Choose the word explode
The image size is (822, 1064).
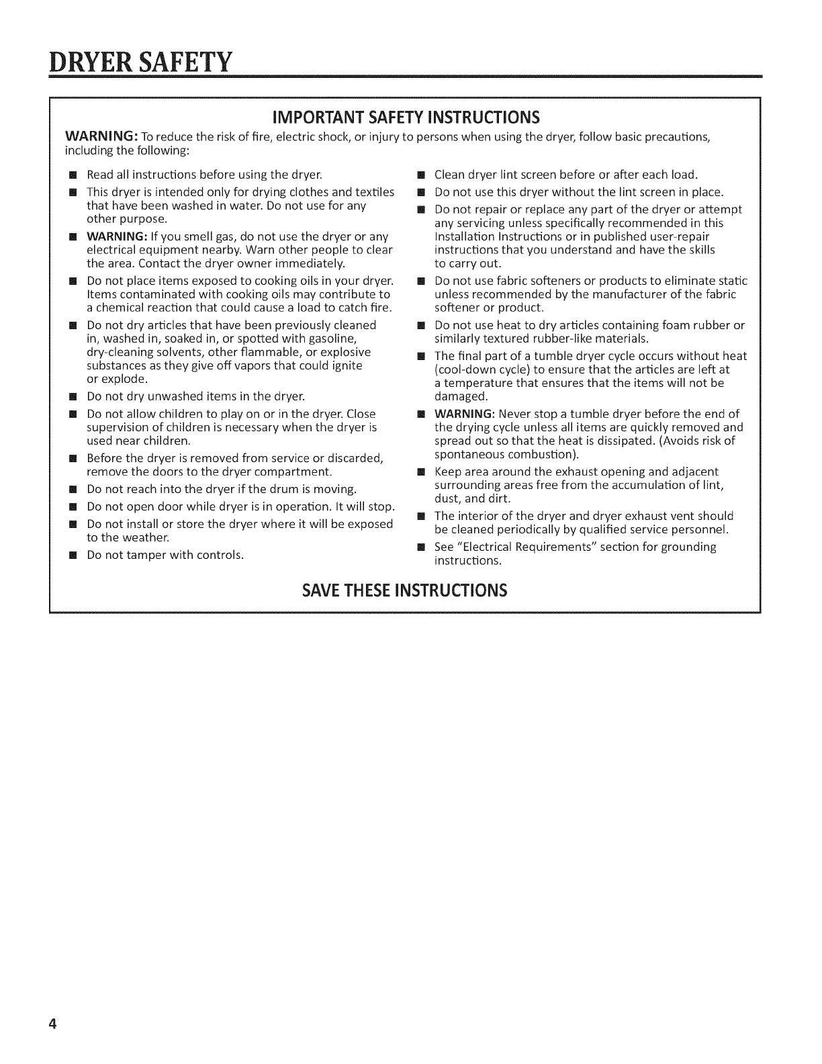[x=119, y=379]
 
